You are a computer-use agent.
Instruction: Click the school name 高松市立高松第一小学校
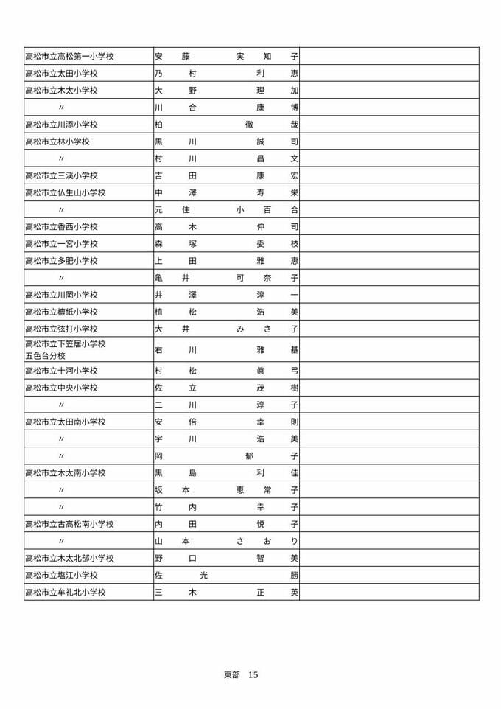(x=69, y=56)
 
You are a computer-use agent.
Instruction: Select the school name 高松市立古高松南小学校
(x=69, y=524)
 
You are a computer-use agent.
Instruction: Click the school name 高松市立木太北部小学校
(x=69, y=558)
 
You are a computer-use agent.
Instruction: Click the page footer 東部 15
(x=241, y=675)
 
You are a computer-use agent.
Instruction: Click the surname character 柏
(x=158, y=125)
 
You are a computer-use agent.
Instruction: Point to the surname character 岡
(x=158, y=456)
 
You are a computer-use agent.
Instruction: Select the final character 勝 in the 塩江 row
(x=295, y=575)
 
